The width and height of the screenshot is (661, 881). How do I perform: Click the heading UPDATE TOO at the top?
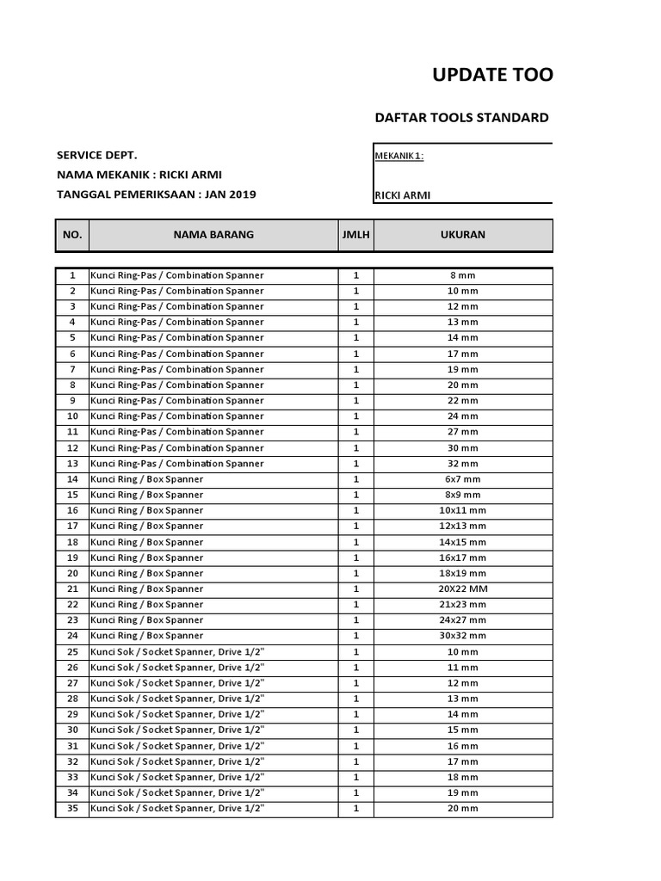coord(492,75)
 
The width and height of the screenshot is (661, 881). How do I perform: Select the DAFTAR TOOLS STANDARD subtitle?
coord(461,118)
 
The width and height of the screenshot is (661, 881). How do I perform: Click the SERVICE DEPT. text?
coord(96,155)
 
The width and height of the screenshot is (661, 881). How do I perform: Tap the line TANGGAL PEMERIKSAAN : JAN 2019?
coord(156,194)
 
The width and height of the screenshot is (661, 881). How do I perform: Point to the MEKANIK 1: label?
coord(398,156)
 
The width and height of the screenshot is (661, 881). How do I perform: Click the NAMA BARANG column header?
coord(213,235)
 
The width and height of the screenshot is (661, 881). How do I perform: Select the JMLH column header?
coord(355,235)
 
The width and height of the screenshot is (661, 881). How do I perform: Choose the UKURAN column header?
coord(462,235)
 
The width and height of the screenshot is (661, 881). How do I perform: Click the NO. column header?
coord(72,235)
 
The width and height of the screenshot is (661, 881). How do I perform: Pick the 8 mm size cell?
coord(462,275)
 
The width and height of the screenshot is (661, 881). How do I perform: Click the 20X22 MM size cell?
coord(462,588)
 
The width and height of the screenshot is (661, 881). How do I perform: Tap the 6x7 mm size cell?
coord(462,479)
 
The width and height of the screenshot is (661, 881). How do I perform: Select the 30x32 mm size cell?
coord(462,636)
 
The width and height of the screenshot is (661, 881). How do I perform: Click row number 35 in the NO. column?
coord(72,809)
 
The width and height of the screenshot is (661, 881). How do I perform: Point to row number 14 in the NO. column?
coord(72,479)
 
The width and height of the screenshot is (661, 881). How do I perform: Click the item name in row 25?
coord(177,652)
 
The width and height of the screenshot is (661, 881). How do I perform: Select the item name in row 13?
coord(177,464)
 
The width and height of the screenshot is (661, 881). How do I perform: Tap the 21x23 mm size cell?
coord(462,605)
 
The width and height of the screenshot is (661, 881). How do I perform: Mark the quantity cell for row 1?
coord(355,275)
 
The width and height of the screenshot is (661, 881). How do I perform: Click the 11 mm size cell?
coord(462,668)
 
